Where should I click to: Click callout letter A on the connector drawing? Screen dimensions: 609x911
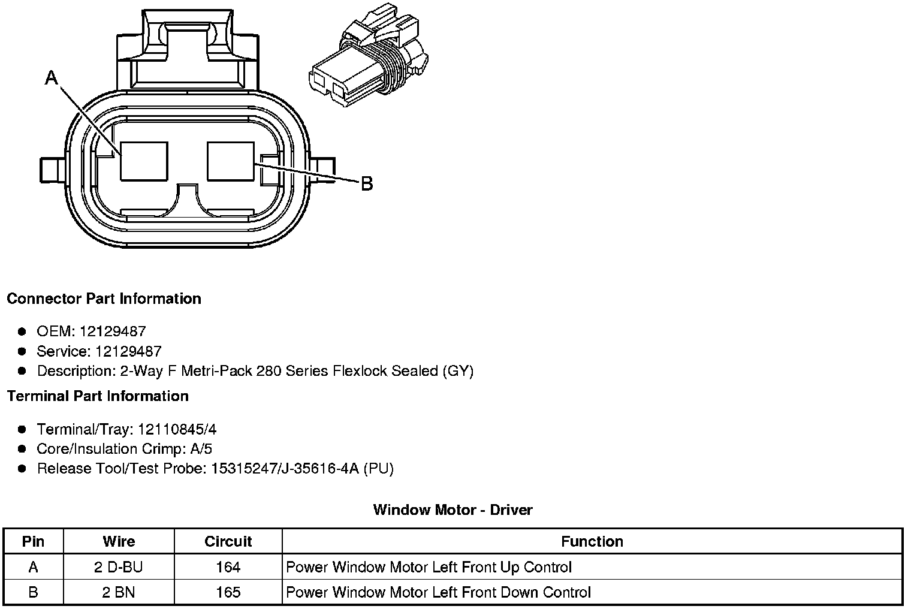coord(52,77)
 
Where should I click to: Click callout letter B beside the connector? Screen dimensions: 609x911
coord(367,183)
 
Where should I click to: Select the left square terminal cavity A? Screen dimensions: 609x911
coord(144,161)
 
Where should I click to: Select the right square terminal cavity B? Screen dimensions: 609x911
coord(231,161)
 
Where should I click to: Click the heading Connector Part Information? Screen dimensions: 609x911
coord(104,299)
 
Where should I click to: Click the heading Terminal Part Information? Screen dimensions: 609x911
coord(98,396)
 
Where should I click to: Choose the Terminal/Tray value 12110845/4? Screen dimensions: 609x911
coord(177,429)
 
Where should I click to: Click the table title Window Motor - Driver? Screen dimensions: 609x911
coord(453,510)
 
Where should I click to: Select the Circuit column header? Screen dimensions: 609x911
coord(228,541)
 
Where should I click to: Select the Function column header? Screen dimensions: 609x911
coord(592,541)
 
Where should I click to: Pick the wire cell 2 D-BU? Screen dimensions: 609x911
coord(119,567)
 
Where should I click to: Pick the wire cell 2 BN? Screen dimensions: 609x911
coord(118,593)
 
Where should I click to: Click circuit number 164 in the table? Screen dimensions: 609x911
coord(228,567)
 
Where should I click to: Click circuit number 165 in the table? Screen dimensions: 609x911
coord(228,593)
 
